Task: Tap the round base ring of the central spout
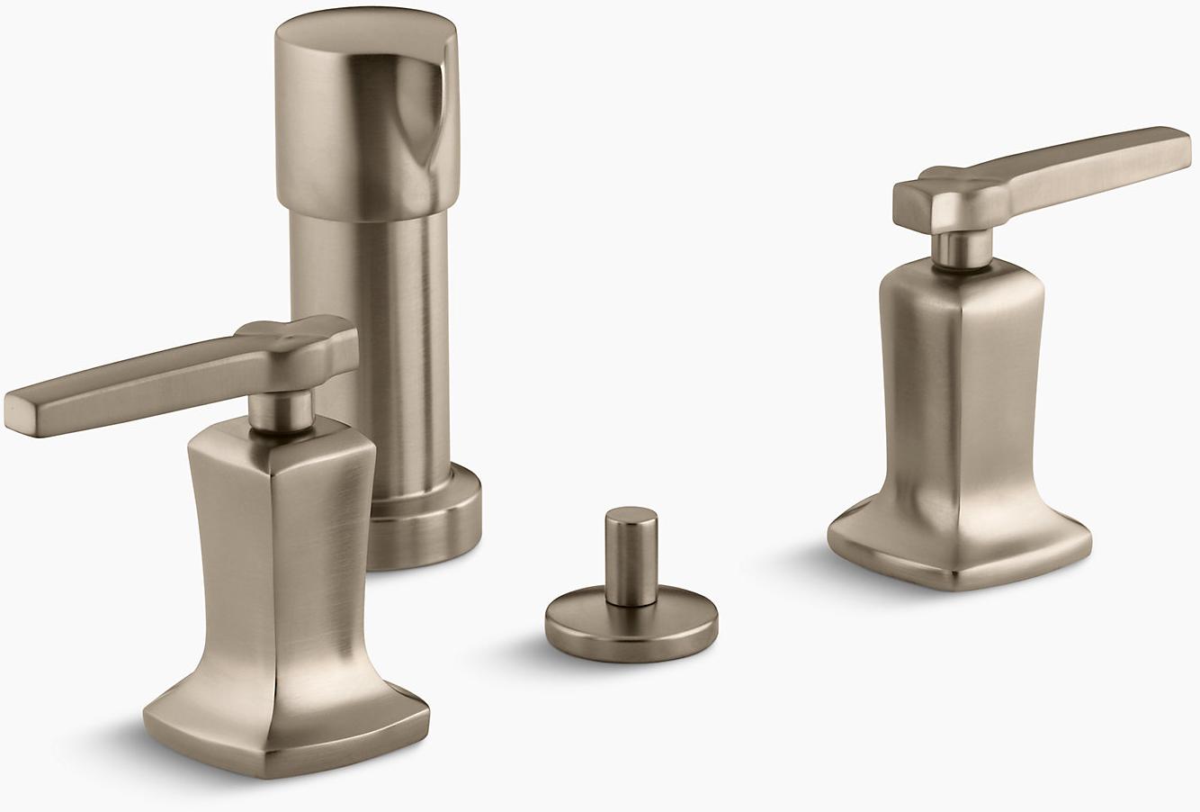pyautogui.click(x=423, y=531)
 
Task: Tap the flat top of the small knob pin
pyautogui.click(x=631, y=516)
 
